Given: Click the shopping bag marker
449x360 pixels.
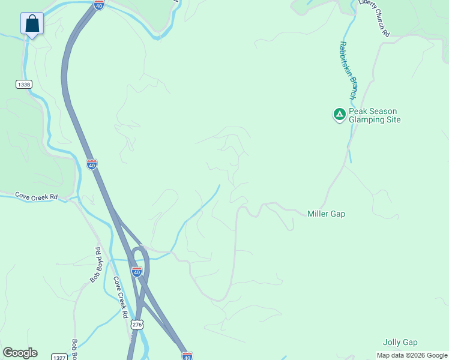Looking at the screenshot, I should tap(32, 24).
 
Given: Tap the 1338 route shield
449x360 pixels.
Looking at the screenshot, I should tap(24, 85).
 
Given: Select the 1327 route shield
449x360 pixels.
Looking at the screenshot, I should tap(58, 357).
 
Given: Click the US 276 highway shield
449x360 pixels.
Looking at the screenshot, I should tap(136, 324).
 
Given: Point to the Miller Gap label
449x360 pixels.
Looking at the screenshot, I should tap(326, 214).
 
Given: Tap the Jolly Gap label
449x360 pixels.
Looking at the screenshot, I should tap(400, 342).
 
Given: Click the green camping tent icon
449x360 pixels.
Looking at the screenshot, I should tap(339, 114).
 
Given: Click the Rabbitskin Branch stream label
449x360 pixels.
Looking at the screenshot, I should tap(348, 70).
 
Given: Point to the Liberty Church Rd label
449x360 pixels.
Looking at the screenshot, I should tap(373, 19).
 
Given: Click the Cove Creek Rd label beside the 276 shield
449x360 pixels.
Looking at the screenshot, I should tap(121, 298).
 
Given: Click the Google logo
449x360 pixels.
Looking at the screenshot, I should tap(20, 353).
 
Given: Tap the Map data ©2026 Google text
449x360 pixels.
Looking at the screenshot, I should tap(412, 355).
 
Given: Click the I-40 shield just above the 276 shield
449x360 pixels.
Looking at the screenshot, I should tap(137, 271).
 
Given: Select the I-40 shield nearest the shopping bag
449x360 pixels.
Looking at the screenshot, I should tap(99, 4).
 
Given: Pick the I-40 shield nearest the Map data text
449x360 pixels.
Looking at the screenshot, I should tap(187, 356).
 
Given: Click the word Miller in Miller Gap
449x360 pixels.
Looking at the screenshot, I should tap(318, 214).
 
